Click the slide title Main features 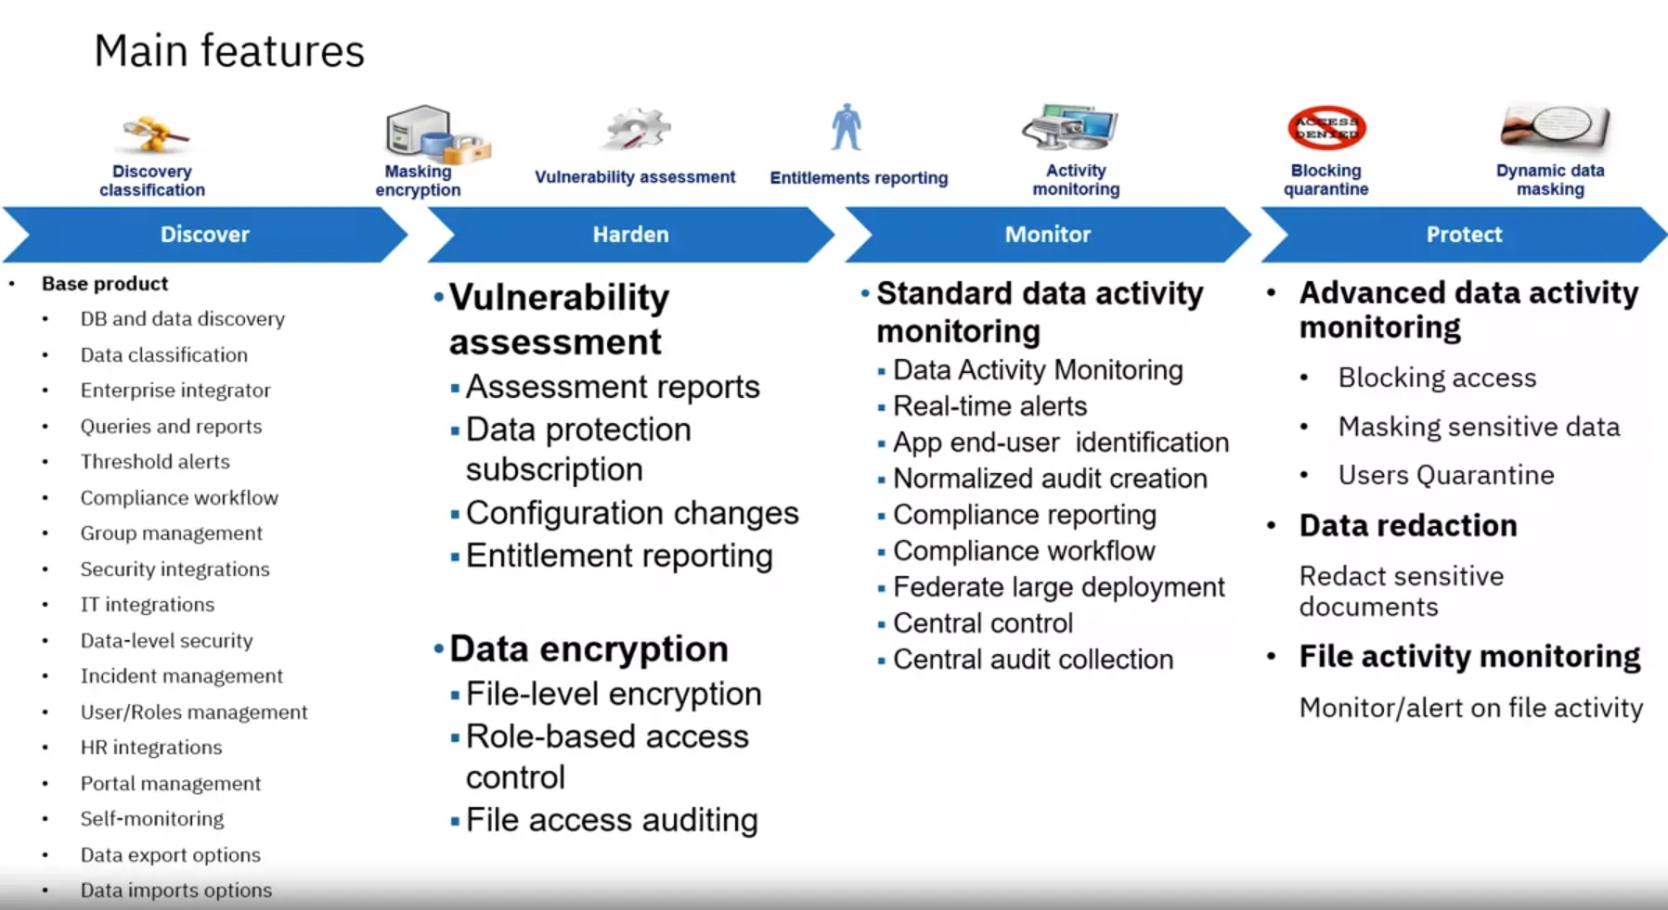[229, 52]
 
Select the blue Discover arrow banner [205, 235]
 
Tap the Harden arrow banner [630, 235]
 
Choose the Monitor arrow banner [1047, 235]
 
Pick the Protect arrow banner [1464, 235]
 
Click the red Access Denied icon [1326, 128]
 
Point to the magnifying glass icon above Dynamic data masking [1555, 127]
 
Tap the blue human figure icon [847, 127]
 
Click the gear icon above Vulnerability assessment [636, 129]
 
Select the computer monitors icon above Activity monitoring [1071, 127]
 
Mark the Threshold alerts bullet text [155, 462]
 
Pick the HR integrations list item [151, 748]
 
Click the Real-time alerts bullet [989, 406]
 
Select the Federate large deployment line [1058, 587]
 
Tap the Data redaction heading [1408, 526]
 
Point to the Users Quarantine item [1445, 475]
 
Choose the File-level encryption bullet [613, 694]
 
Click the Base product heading [105, 284]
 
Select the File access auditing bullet [612, 820]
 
